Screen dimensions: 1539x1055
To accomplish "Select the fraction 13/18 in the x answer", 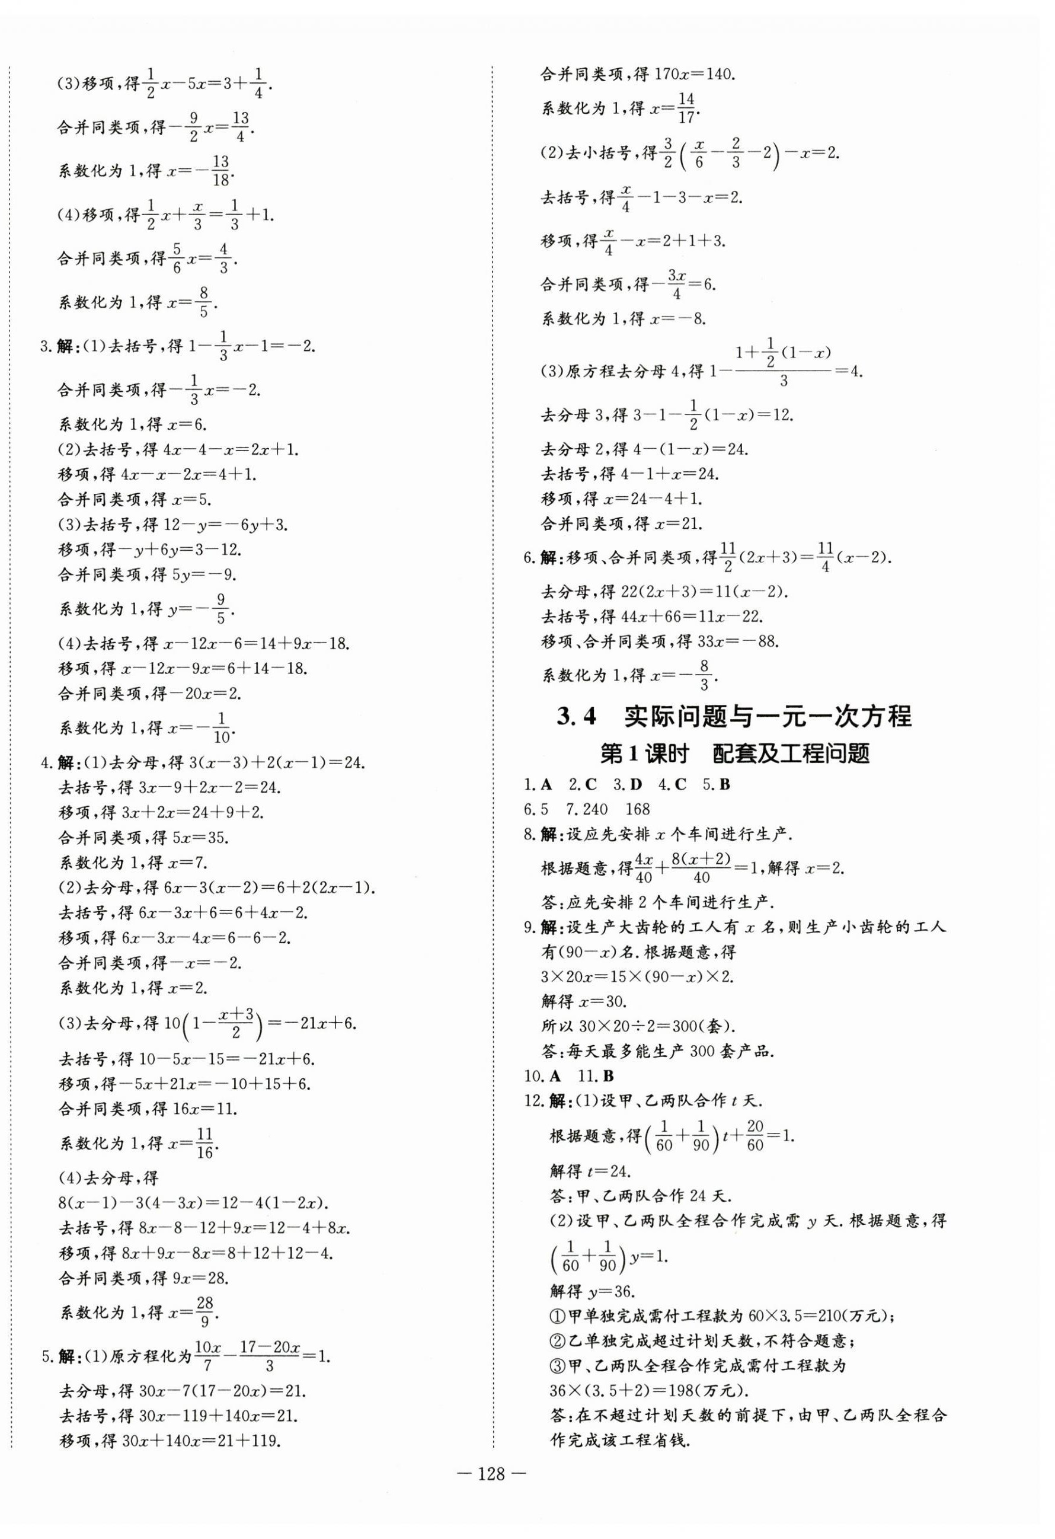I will [x=221, y=171].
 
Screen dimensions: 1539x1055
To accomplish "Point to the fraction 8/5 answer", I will [x=203, y=302].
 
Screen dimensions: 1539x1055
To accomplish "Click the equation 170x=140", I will [x=695, y=74].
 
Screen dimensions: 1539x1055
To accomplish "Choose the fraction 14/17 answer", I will [x=686, y=108].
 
